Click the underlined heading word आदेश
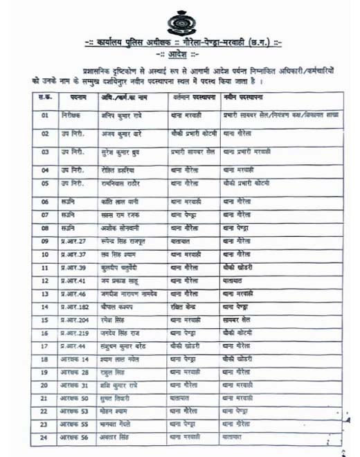click(177, 54)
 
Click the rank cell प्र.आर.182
click(74, 307)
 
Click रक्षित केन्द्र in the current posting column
click(187, 307)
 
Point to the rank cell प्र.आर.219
click(74, 333)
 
